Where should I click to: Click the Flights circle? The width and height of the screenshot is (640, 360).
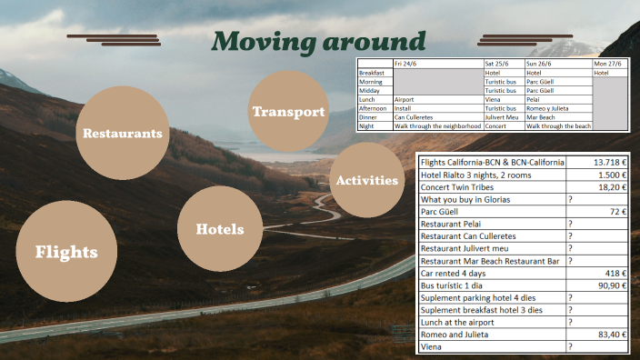[x=66, y=252]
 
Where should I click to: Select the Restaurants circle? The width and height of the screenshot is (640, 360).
[x=123, y=133]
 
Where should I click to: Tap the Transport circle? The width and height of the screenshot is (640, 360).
[x=288, y=112]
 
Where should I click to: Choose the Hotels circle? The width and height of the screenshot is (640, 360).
[x=220, y=229]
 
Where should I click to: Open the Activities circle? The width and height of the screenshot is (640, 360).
[x=367, y=180]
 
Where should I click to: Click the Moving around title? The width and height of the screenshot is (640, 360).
[x=319, y=41]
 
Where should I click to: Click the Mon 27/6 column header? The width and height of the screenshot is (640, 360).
[x=608, y=64]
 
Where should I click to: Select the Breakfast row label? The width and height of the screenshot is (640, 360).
[x=372, y=73]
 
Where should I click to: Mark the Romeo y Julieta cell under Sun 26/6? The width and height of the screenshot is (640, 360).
[x=548, y=108]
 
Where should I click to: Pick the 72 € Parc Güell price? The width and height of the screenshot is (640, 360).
[x=620, y=211]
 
